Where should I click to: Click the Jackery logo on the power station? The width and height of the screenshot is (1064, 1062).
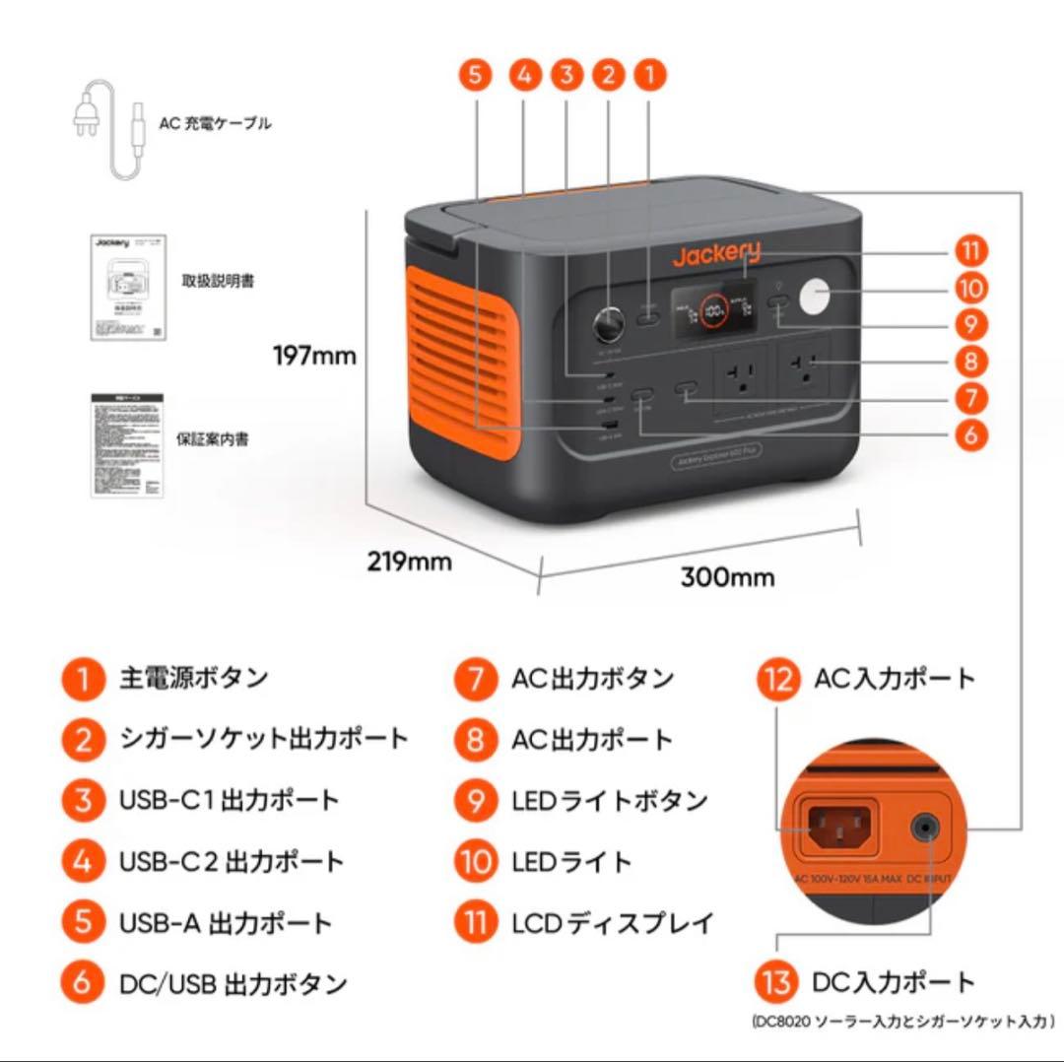pos(716,255)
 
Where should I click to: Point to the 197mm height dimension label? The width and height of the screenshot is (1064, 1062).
pos(314,356)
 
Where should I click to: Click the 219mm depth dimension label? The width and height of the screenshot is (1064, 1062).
pos(409,562)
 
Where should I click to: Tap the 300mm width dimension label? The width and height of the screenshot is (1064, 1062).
pos(727,576)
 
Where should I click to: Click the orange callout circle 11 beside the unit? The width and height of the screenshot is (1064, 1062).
pos(970,251)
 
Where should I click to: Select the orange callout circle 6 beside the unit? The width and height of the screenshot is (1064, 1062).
pos(970,434)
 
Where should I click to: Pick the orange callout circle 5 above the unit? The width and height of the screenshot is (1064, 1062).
pos(476,75)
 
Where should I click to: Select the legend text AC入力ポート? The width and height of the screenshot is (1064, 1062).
pos(894,679)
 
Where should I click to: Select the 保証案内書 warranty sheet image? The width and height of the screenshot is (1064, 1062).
pos(127,445)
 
